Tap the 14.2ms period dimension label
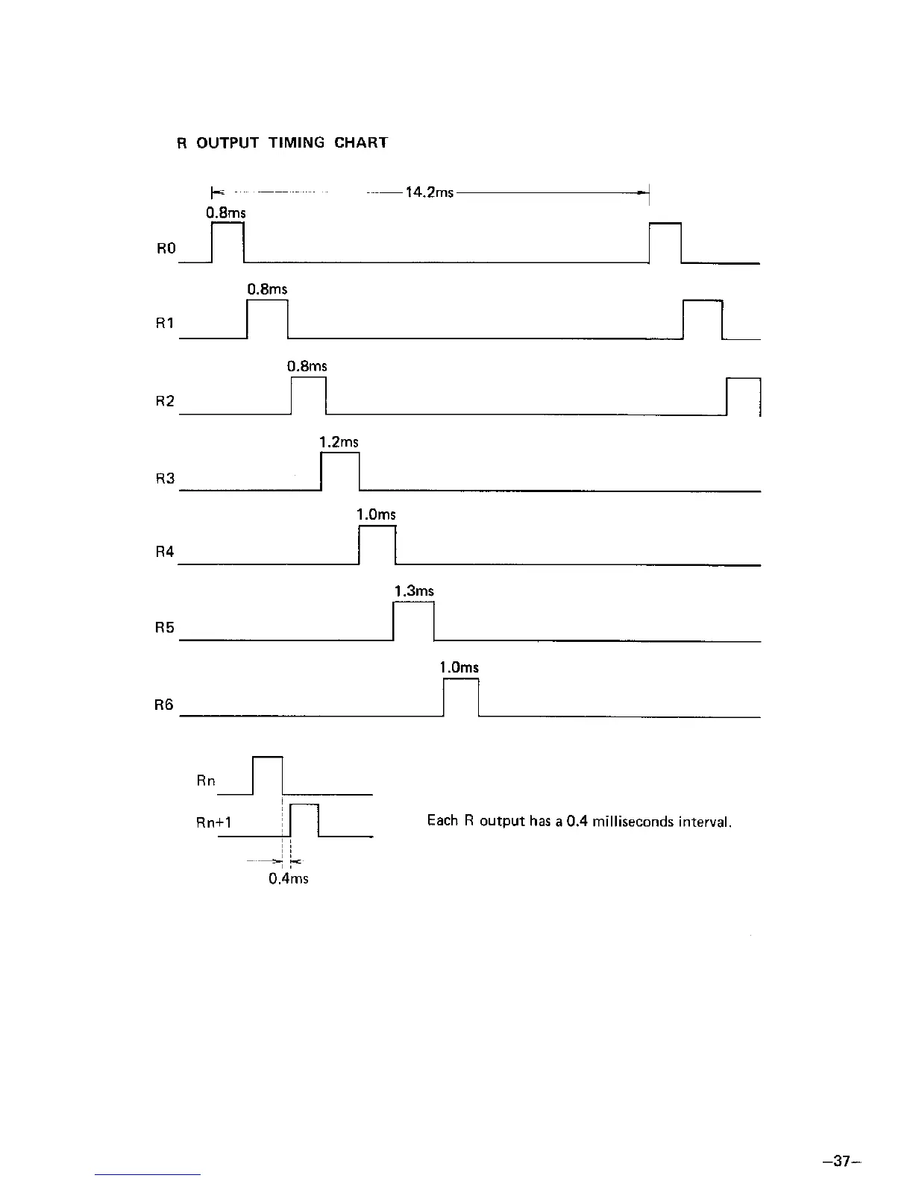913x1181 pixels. pos(429,192)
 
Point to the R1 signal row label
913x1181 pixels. pos(165,324)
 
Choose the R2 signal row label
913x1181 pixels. pos(165,401)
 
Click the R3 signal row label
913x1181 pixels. pos(165,478)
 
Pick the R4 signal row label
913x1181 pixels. pos(165,552)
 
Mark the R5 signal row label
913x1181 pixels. pos(165,627)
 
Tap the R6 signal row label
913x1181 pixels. pos(165,704)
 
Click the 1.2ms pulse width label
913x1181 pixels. pos(339,442)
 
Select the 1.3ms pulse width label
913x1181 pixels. pos(414,591)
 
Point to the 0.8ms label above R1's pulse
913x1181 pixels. pos(267,289)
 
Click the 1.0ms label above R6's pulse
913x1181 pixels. pos(459,667)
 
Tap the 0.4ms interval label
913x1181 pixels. pos(288,878)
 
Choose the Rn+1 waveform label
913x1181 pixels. pos(213,822)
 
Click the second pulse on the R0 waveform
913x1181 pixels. pos(665,242)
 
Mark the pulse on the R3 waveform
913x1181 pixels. pos(340,471)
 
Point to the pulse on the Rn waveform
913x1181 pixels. pos(268,775)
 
